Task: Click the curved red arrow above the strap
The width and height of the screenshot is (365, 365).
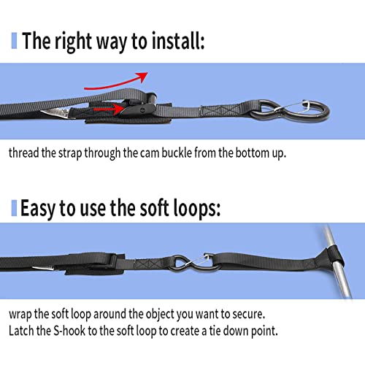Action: [115, 83]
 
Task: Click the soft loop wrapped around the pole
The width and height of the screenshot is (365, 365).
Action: [334, 257]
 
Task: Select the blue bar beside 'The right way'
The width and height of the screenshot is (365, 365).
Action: [14, 41]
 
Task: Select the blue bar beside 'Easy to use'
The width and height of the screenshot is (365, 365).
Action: [14, 208]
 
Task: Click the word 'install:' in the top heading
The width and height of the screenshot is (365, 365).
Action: [178, 40]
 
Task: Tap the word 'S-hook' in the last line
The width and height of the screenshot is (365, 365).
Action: [69, 331]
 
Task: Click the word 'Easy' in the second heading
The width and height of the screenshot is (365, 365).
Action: [38, 209]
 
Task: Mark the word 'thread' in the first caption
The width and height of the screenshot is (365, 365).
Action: [23, 153]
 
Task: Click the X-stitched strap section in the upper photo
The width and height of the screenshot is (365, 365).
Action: [220, 111]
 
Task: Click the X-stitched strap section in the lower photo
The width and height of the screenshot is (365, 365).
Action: [147, 264]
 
